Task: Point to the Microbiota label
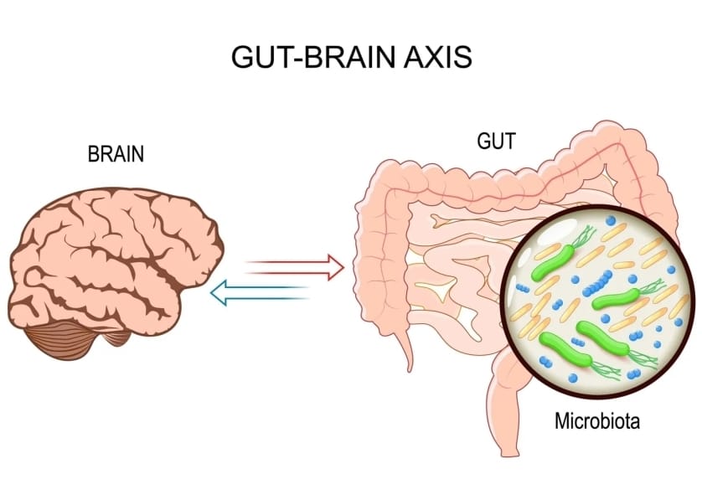pyautogui.click(x=597, y=420)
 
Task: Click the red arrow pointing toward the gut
pyautogui.click(x=293, y=266)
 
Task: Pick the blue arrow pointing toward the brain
pyautogui.click(x=260, y=292)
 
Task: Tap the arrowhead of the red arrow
pyautogui.click(x=335, y=266)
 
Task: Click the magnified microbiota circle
pyautogui.click(x=597, y=301)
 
